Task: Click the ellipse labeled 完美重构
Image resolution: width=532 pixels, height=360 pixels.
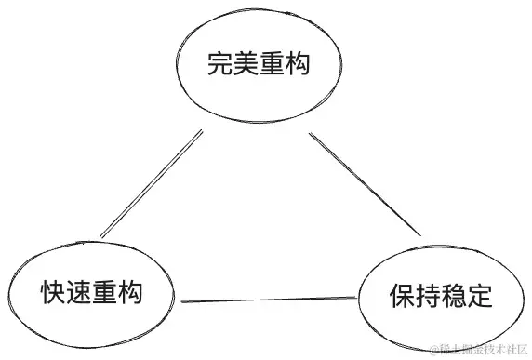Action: click(x=257, y=67)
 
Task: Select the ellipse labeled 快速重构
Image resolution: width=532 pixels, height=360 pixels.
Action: click(x=90, y=293)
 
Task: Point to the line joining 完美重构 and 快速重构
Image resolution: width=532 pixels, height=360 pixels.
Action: click(x=152, y=183)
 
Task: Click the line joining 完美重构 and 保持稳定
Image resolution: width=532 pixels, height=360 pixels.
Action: click(x=365, y=185)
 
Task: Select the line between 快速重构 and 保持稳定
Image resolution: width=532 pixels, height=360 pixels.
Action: click(x=269, y=300)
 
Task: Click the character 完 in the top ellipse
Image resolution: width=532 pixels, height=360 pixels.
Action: click(x=219, y=67)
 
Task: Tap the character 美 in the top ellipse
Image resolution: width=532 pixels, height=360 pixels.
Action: click(x=244, y=67)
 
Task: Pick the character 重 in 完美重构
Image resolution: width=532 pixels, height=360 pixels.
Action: click(x=270, y=67)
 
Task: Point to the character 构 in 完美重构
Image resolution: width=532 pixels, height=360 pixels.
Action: click(x=295, y=67)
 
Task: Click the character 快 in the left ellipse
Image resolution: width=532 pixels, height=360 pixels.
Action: click(x=52, y=294)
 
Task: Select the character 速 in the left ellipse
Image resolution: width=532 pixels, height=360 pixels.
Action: click(x=77, y=294)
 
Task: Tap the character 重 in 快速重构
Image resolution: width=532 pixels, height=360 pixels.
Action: click(x=103, y=294)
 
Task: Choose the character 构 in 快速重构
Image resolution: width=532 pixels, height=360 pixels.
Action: click(x=128, y=294)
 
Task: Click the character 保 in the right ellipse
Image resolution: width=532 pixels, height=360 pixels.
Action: click(x=401, y=299)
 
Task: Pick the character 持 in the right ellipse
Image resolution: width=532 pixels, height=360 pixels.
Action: click(x=426, y=299)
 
